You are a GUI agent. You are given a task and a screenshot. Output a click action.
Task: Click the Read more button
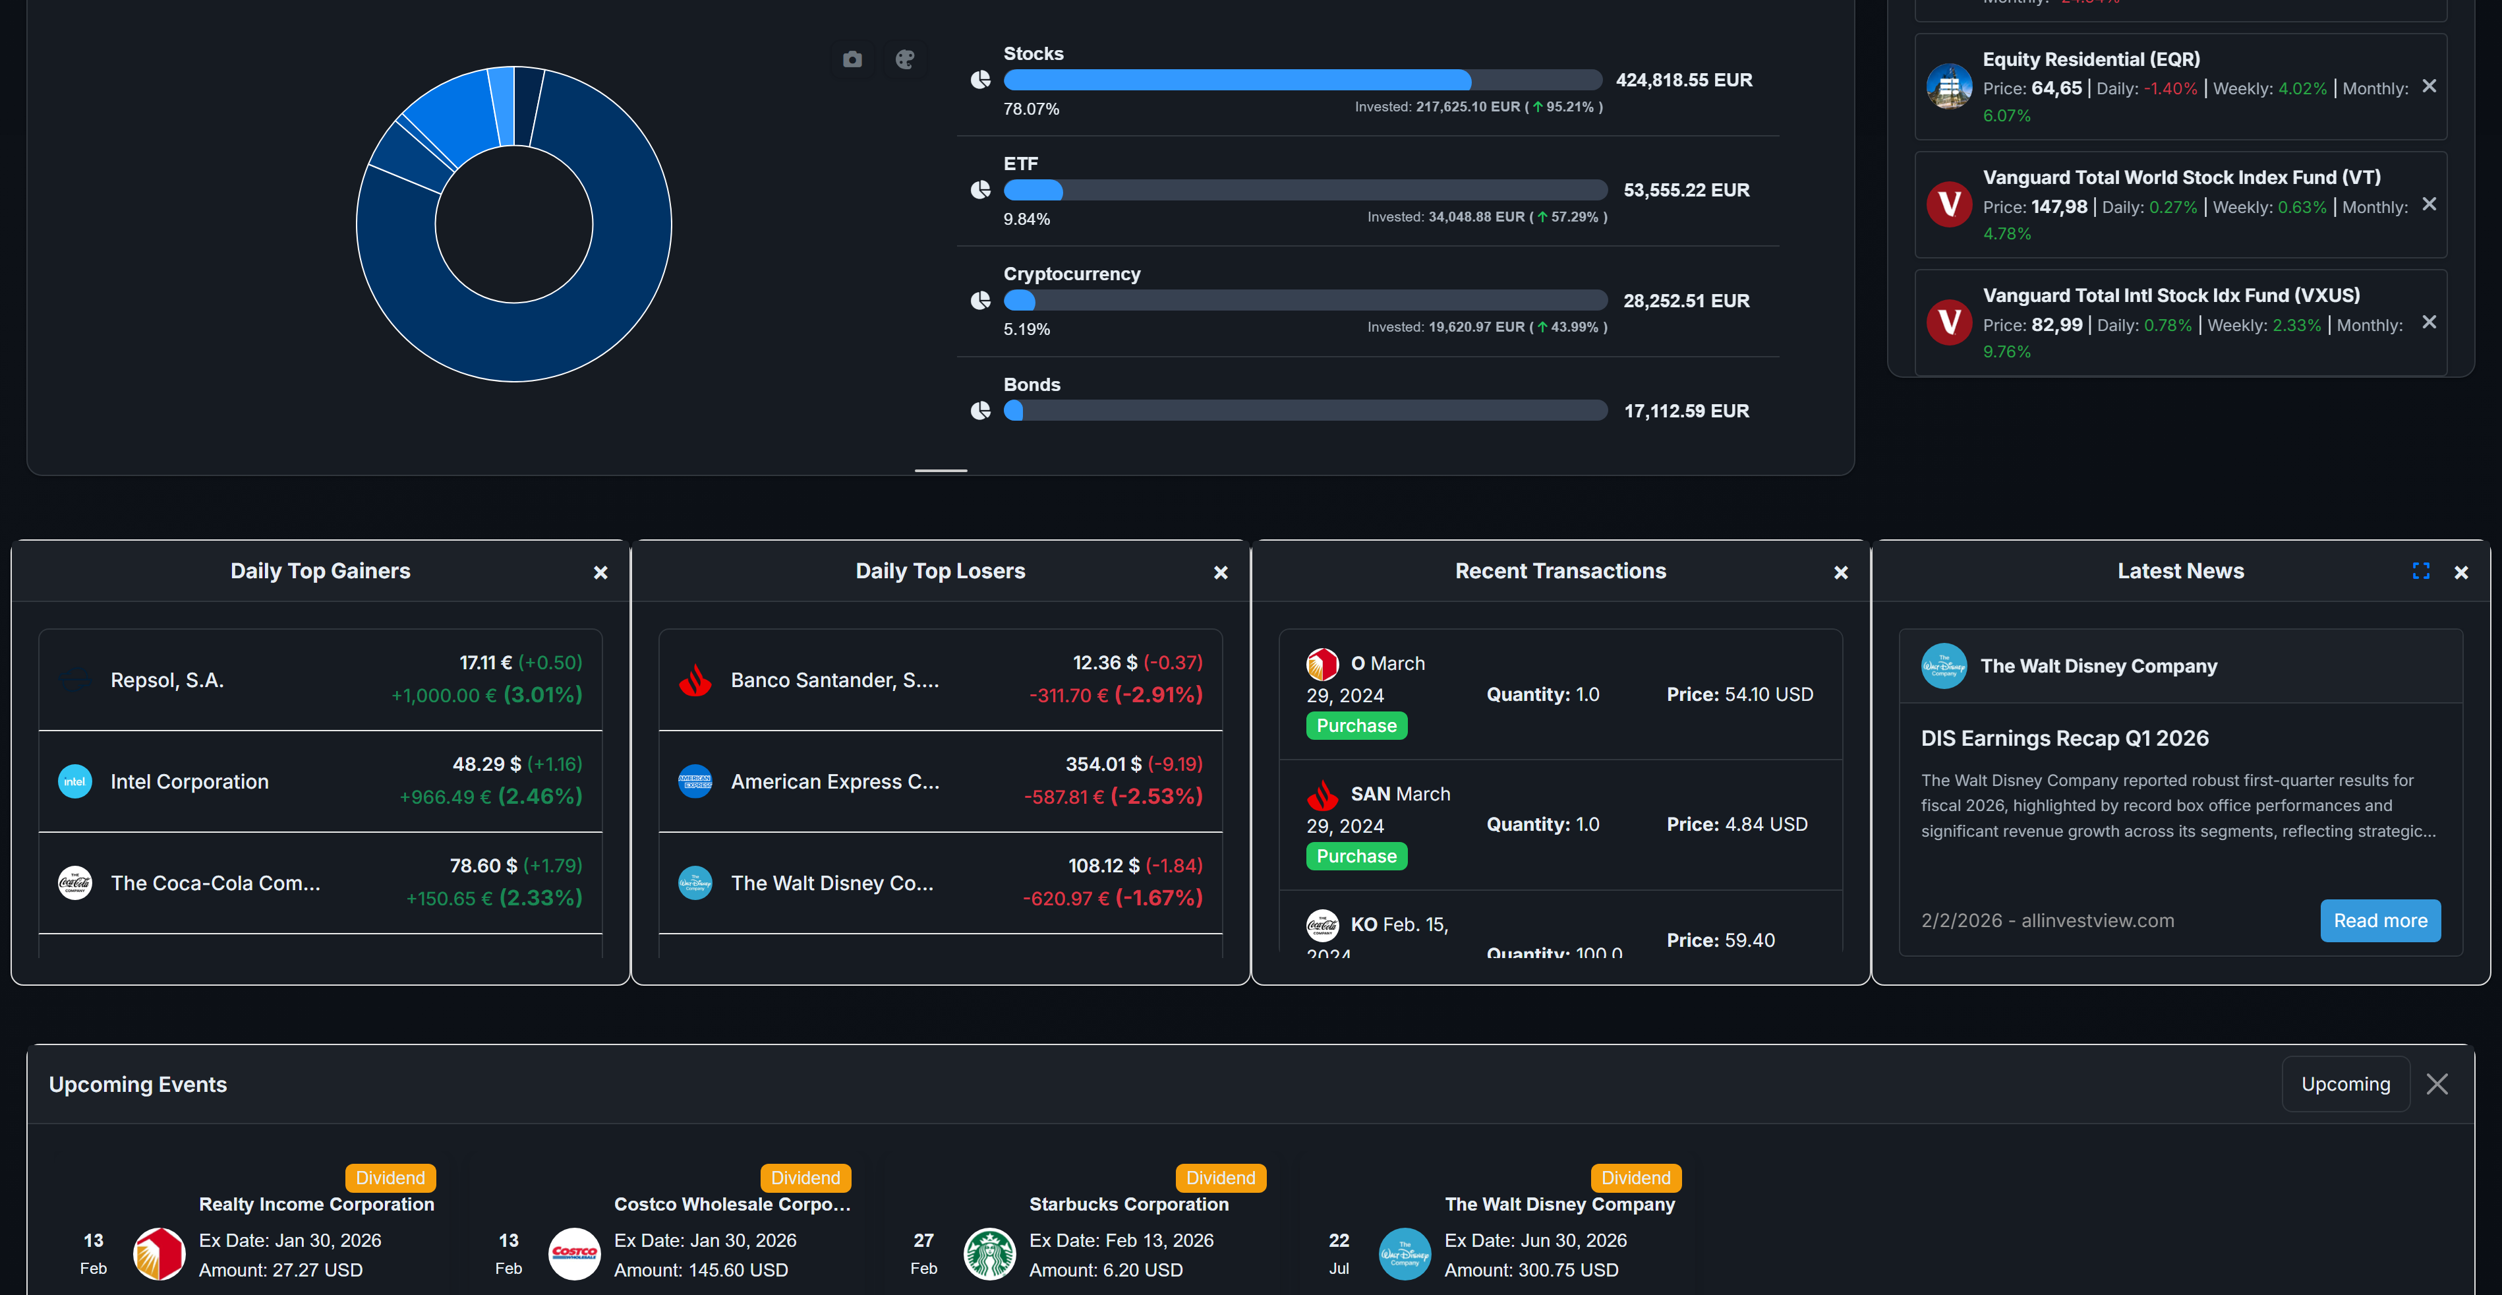(2379, 920)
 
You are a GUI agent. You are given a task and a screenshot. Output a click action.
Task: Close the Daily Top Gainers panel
(600, 572)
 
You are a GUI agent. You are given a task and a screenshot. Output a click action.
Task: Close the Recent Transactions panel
(1840, 572)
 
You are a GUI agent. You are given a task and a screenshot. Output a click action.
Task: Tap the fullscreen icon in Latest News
(2420, 571)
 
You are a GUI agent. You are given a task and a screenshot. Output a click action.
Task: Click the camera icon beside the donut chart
(852, 60)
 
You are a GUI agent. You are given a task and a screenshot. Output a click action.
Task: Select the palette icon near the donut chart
(904, 60)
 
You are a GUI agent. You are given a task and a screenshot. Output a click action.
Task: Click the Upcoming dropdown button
(2344, 1083)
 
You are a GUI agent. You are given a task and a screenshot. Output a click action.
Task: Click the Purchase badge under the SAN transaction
(1356, 856)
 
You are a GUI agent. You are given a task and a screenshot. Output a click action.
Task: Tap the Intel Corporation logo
(74, 781)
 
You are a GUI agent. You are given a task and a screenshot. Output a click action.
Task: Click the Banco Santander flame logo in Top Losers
(695, 680)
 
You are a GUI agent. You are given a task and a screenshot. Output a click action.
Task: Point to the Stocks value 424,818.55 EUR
(1683, 80)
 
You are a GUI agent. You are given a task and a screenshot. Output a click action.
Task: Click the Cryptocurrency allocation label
(1071, 274)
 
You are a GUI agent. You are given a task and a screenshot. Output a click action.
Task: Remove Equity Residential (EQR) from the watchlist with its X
(2428, 86)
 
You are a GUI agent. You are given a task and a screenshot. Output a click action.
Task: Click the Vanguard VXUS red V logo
(1948, 322)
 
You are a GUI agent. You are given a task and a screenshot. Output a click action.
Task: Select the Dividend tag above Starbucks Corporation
(1220, 1178)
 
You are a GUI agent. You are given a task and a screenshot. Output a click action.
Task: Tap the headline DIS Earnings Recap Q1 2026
(2064, 738)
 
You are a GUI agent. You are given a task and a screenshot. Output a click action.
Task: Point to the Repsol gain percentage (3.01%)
(542, 694)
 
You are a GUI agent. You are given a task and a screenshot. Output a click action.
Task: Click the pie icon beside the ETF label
(980, 189)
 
